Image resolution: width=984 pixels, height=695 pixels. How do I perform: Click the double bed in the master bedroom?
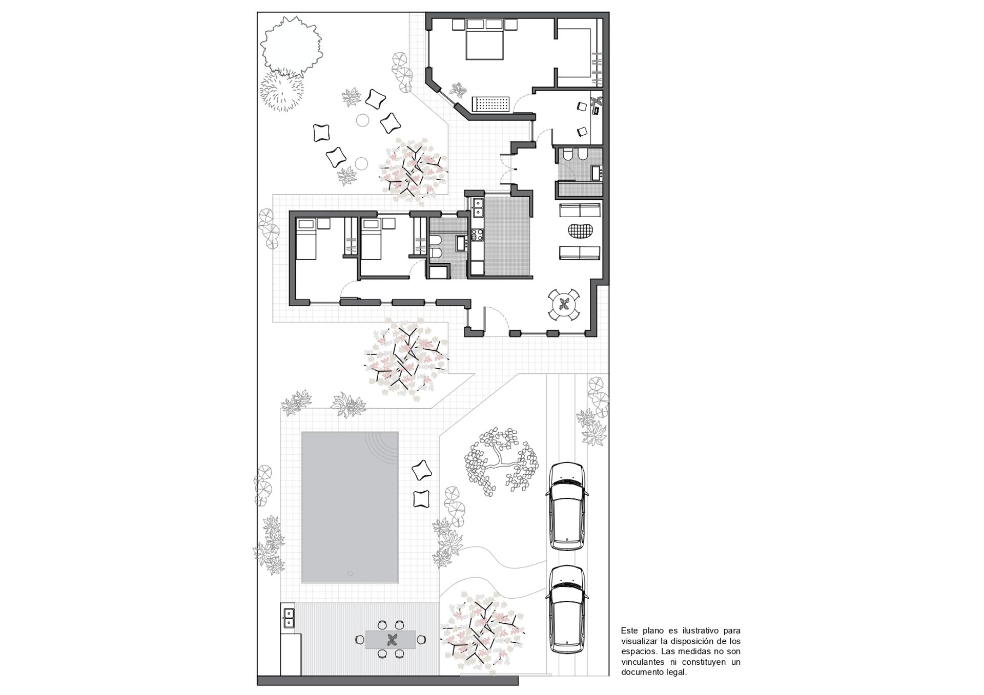click(484, 45)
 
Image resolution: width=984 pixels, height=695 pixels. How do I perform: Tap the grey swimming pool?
click(350, 507)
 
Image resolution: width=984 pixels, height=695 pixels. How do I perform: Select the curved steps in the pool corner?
click(382, 447)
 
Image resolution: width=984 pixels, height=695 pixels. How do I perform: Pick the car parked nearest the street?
click(566, 609)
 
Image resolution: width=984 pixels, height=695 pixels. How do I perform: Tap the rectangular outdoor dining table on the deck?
click(391, 639)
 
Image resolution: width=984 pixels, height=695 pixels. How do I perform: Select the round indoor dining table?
click(564, 305)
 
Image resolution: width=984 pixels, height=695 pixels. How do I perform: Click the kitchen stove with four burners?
click(476, 235)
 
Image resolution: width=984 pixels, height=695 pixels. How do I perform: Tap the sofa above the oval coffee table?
click(580, 210)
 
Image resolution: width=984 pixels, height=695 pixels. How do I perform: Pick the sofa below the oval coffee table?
click(580, 253)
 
